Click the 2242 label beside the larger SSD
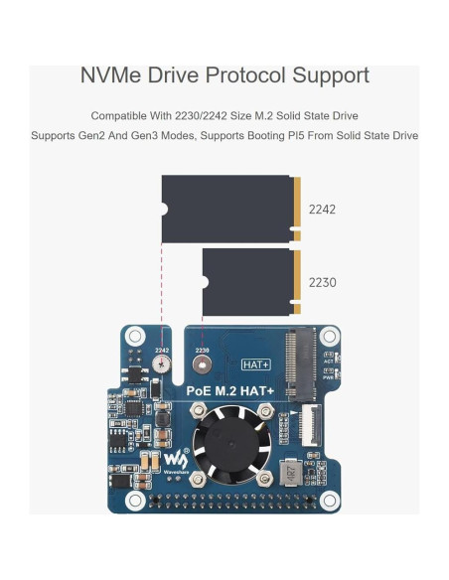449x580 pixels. (x=322, y=210)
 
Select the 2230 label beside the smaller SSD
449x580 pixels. (x=322, y=282)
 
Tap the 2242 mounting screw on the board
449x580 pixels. (x=162, y=365)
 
